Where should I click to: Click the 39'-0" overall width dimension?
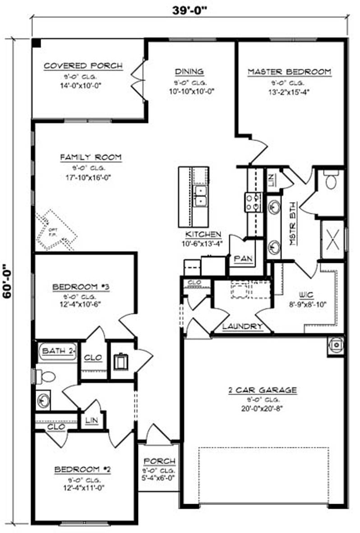(189, 10)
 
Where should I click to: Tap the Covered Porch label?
(83, 66)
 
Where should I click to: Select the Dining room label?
(189, 71)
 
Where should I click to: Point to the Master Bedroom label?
(289, 71)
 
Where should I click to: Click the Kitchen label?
(203, 234)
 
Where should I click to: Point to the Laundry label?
(242, 326)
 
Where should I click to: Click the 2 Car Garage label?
(262, 390)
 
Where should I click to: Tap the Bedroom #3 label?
(75, 287)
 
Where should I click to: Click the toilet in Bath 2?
(45, 375)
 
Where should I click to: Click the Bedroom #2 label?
(83, 470)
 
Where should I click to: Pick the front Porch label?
(159, 461)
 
